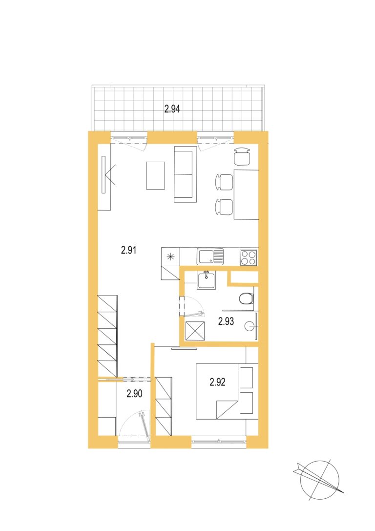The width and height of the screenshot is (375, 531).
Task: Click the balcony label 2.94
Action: [x=172, y=109]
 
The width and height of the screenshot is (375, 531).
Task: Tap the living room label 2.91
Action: [x=128, y=250]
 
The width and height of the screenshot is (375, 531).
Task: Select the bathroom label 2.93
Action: [x=226, y=321]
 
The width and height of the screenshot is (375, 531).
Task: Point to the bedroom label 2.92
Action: [x=217, y=382]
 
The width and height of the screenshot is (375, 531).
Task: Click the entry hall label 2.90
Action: [x=134, y=394]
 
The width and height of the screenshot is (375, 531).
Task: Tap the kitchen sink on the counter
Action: [x=210, y=256]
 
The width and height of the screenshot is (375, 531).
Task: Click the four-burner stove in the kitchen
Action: [x=249, y=257]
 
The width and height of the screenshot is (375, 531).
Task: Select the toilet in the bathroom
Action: [x=246, y=299]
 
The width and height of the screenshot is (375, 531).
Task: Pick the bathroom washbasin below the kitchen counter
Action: [x=207, y=280]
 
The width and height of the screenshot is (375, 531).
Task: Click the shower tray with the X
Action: [x=195, y=330]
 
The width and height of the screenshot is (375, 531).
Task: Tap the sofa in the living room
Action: [x=185, y=174]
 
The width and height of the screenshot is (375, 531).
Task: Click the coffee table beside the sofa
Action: [x=155, y=175]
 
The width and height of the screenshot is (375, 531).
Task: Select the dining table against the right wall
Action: [x=247, y=194]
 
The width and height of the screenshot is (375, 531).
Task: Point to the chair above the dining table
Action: [x=243, y=156]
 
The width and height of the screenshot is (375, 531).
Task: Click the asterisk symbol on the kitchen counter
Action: [x=171, y=256]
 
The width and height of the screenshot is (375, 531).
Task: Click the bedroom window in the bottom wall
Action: [x=219, y=442]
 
